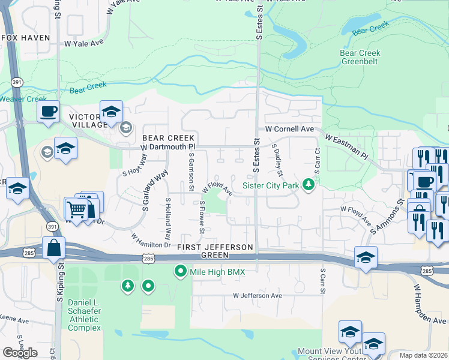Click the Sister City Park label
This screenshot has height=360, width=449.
click(270, 185)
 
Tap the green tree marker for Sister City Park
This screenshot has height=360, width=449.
click(309, 184)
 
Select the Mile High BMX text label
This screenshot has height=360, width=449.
click(219, 272)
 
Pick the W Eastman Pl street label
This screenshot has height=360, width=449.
click(346, 146)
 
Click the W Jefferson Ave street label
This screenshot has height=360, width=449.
click(258, 296)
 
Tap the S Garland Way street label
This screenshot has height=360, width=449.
click(154, 191)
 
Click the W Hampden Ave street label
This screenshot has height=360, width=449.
click(429, 304)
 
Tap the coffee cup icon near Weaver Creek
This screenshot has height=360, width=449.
click(48, 111)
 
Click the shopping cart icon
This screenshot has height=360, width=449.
click(76, 210)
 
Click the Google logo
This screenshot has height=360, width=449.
click(20, 352)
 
